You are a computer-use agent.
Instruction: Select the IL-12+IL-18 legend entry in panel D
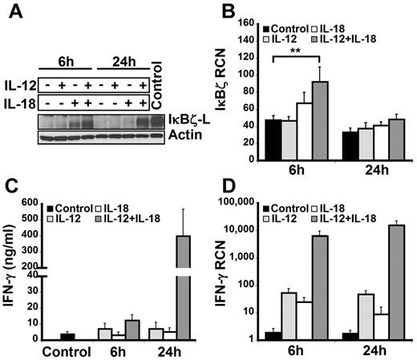[363, 219]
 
